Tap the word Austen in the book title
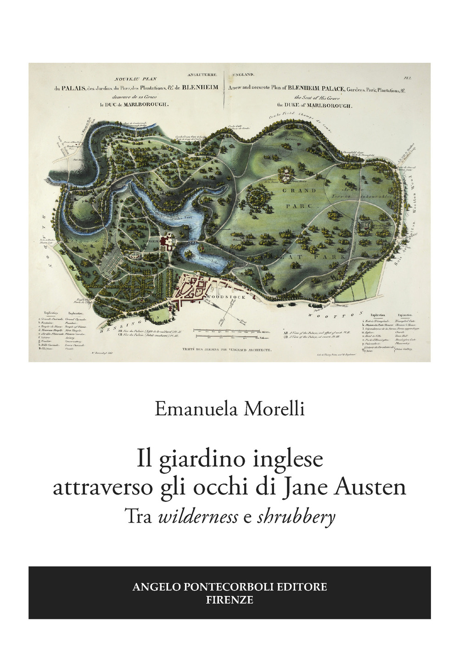click(x=371, y=487)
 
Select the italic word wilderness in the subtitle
click(x=198, y=517)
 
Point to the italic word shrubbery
click(x=297, y=518)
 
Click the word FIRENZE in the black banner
click(x=229, y=600)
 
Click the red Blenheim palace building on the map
click(x=167, y=240)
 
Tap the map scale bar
click(x=227, y=331)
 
